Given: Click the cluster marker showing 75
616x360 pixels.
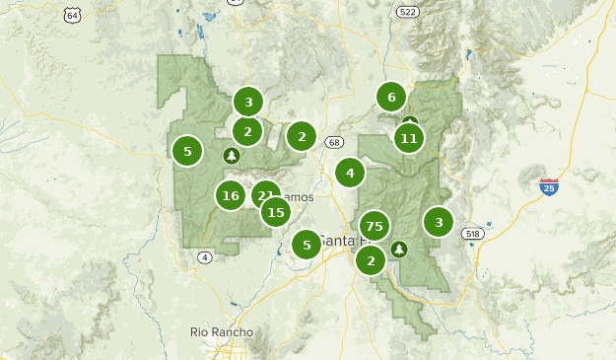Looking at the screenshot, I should (374, 226).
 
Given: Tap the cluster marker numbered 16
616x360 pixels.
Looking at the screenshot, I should (231, 195).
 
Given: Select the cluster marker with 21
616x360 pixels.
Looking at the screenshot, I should (264, 194).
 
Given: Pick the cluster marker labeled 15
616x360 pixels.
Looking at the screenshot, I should (276, 211).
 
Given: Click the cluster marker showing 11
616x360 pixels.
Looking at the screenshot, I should (409, 138).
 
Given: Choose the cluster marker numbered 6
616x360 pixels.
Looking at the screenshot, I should (391, 97).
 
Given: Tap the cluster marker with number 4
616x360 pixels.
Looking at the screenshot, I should (349, 173).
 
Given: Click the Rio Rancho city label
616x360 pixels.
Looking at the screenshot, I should (222, 332).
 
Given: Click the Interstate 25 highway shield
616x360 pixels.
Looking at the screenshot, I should (549, 185).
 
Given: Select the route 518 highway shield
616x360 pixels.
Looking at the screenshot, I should (473, 234).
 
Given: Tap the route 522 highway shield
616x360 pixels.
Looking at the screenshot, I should (407, 11).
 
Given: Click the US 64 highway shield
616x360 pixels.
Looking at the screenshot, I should (71, 15).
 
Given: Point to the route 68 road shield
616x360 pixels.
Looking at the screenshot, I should (334, 142).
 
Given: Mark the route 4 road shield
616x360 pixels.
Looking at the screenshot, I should (205, 257).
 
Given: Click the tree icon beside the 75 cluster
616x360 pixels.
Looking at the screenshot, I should (399, 249).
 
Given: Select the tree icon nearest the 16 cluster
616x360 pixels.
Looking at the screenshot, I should (232, 155).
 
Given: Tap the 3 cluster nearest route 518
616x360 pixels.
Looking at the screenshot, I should (439, 222).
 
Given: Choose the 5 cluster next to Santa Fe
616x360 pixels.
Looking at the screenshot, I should (307, 244).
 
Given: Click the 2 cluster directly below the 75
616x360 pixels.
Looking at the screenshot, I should (371, 260).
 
